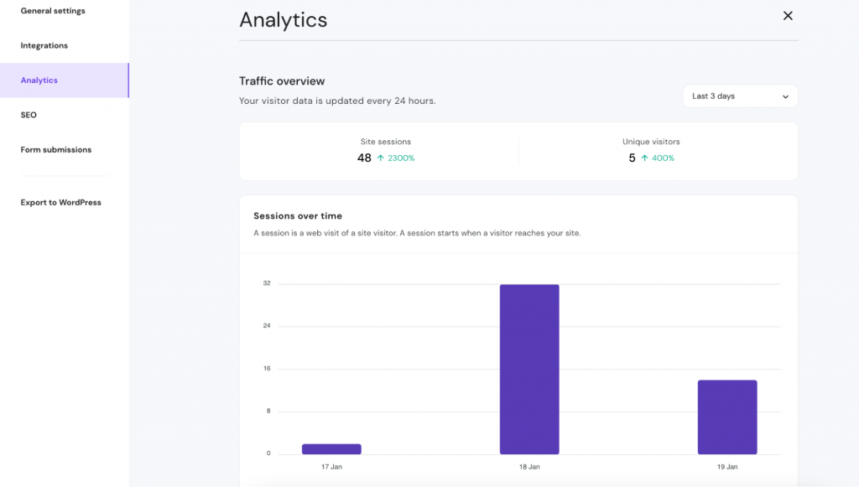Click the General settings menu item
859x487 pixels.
pyautogui.click(x=53, y=11)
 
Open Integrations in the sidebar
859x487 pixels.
pyautogui.click(x=44, y=45)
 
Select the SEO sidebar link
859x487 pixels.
pyautogui.click(x=29, y=115)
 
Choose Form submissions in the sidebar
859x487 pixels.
pyautogui.click(x=56, y=150)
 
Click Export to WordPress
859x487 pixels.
pyautogui.click(x=61, y=202)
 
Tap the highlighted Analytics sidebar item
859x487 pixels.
pyautogui.click(x=39, y=80)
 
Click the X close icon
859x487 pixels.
pyautogui.click(x=788, y=16)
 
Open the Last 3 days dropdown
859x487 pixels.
pyautogui.click(x=740, y=96)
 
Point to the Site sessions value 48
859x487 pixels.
pyautogui.click(x=364, y=158)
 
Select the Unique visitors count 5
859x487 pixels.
pyautogui.click(x=632, y=158)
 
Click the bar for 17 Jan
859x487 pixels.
pyautogui.click(x=331, y=449)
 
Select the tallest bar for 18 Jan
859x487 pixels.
pyautogui.click(x=529, y=369)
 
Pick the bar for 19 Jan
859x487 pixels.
pyautogui.click(x=727, y=417)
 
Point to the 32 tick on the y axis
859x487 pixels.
pyautogui.click(x=267, y=283)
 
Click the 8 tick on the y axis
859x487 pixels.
pyautogui.click(x=267, y=411)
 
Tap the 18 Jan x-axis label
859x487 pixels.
pyautogui.click(x=529, y=466)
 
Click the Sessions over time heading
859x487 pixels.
pyautogui.click(x=298, y=216)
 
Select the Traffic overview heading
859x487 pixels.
pyautogui.click(x=282, y=81)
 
